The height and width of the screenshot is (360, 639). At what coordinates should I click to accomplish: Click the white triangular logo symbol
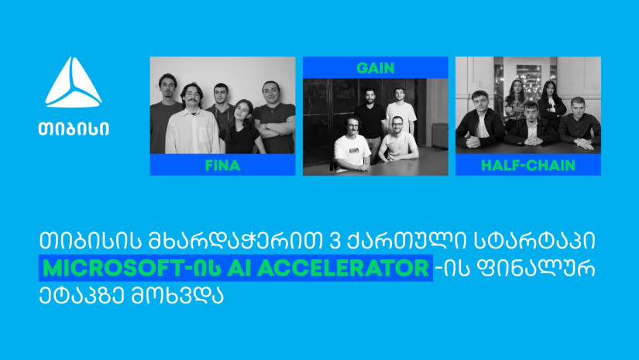click(x=74, y=84)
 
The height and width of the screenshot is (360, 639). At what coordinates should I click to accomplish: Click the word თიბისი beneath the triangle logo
click(x=74, y=129)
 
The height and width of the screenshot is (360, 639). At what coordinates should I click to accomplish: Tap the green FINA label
click(x=222, y=166)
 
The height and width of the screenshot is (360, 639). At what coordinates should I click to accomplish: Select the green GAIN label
click(x=376, y=67)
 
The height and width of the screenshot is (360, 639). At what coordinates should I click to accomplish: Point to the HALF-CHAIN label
click(x=528, y=166)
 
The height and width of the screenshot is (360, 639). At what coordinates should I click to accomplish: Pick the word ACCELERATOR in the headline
click(x=343, y=268)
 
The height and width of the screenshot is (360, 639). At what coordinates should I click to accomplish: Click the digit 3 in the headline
click(x=333, y=241)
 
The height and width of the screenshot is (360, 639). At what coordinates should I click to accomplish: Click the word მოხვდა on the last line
click(x=177, y=296)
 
